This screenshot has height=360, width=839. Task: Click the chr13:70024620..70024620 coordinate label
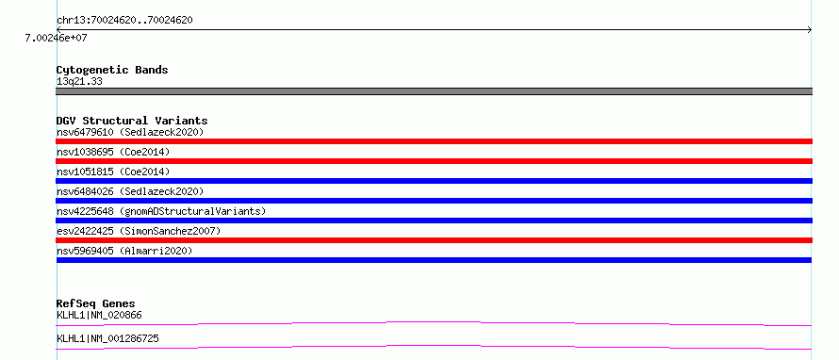pos(124,21)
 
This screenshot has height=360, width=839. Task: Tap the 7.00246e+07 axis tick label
pos(57,38)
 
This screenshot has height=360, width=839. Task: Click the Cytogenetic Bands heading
pos(112,70)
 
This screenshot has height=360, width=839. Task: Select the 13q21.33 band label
pos(79,81)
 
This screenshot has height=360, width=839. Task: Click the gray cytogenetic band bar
pos(434,91)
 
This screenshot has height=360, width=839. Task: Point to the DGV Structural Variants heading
pos(132,121)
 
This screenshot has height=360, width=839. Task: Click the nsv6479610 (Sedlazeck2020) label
pos(130,132)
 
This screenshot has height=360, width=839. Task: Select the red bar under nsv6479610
pos(434,141)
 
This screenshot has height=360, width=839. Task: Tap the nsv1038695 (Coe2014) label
pos(113,152)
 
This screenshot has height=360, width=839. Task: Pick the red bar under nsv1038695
pos(434,161)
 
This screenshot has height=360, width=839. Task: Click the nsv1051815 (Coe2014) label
pos(113,172)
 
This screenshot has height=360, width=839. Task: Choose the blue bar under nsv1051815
pos(434,181)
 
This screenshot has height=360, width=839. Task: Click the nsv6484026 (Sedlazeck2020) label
pos(130,191)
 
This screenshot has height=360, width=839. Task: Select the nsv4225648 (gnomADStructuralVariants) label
pos(161,211)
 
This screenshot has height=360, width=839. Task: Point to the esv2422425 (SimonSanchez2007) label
pos(139,231)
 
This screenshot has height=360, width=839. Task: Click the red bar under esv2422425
pos(434,240)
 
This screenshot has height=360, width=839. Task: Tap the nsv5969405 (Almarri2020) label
pos(124,251)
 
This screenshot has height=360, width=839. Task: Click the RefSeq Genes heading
pos(96,303)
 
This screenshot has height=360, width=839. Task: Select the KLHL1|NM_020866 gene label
pos(99,315)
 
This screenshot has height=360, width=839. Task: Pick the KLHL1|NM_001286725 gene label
pos(107,338)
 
